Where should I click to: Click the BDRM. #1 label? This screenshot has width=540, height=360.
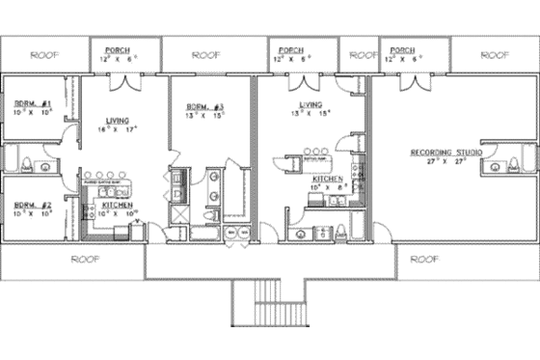click(x=32, y=103)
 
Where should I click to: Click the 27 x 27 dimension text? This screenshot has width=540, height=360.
click(x=446, y=162)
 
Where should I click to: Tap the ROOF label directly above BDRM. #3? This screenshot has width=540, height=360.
click(x=207, y=55)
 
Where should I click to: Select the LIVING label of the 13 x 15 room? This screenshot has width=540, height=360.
click(x=310, y=103)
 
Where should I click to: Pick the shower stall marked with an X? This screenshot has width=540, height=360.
click(x=179, y=213)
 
